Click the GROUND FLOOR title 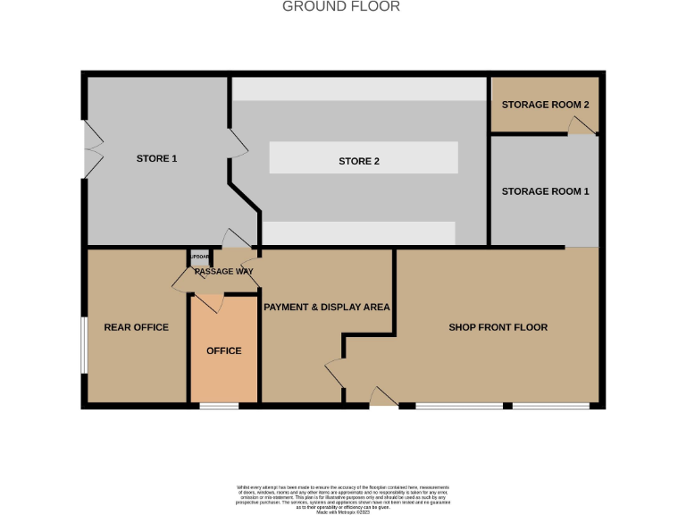pos(341,7)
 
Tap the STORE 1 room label pos(156,158)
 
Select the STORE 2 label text pos(359,161)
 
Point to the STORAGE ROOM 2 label pos(545,105)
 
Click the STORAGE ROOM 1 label pos(545,191)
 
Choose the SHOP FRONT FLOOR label pos(498,327)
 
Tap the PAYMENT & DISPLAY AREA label pos(327,307)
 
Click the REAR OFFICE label pos(136,327)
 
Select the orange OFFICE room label pos(223,350)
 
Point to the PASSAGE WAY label pos(224,271)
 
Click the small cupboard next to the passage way pos(198,257)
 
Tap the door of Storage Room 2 pos(581,127)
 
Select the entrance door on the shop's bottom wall pos(384,399)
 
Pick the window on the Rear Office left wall pos(84,344)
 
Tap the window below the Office pos(218,408)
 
